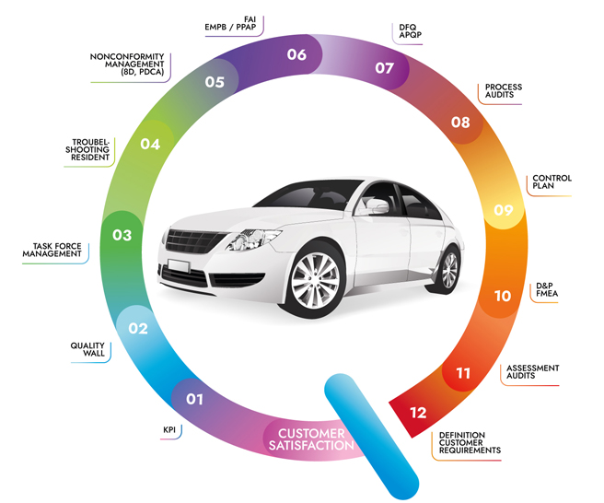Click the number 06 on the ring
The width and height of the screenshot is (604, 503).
point(296,54)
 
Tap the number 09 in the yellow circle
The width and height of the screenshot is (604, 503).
point(504,210)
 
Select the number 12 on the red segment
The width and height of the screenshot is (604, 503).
point(418,413)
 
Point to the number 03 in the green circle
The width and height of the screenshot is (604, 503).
point(122,235)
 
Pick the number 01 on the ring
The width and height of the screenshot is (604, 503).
point(194,399)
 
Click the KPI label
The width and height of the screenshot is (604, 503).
point(169,430)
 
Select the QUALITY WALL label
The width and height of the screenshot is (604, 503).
point(87,349)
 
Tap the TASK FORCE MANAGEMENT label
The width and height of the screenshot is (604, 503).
point(52,250)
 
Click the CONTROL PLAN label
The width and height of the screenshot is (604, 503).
point(552,181)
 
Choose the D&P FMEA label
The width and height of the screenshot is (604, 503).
point(547,289)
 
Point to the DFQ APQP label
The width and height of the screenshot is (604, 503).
point(411,30)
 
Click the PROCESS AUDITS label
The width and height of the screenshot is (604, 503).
point(504,90)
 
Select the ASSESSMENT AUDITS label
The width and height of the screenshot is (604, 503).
point(533,372)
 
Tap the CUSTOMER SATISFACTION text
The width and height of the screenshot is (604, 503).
point(311,439)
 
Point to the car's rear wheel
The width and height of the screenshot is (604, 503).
point(447,269)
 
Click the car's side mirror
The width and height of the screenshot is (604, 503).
point(377,206)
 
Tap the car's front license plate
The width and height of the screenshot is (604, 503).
point(179,266)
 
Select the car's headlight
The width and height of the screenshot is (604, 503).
point(253,239)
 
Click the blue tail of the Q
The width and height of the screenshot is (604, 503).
point(371,437)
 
